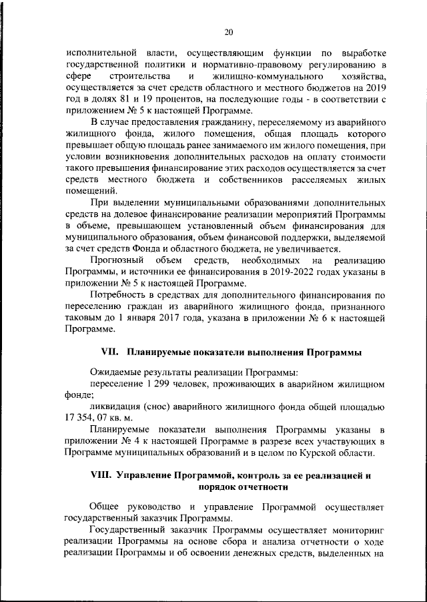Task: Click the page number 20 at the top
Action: pos(228,32)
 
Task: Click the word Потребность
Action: pos(123,295)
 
